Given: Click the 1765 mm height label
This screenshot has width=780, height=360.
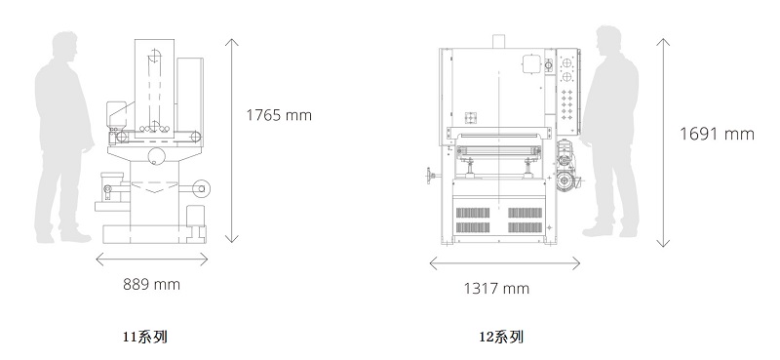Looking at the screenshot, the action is coord(279,115).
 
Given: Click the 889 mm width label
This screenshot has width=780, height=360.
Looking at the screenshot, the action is coord(151,284).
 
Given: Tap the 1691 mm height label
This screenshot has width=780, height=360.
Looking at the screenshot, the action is coord(717,134).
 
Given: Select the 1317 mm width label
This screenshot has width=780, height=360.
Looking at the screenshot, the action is coord(496,289).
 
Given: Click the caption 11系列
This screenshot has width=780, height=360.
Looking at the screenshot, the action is coord(144,337).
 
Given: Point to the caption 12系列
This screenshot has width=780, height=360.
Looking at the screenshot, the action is coord(501,338).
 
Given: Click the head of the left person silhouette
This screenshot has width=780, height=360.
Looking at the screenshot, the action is coord(65,46).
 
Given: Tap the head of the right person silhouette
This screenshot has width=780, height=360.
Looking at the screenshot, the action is coord(608,41).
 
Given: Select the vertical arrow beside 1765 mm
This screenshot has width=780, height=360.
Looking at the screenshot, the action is coord(231,140).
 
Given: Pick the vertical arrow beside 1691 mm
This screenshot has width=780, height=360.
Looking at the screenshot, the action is coord(663,142).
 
